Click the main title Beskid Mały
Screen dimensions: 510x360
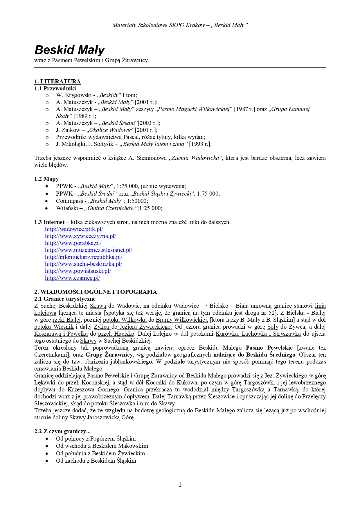coord(69,50)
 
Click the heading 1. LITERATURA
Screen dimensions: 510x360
coord(57,81)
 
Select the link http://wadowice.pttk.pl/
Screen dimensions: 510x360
coord(74,229)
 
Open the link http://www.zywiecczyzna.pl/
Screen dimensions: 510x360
coord(80,236)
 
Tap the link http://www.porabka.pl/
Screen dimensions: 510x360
coord(73,243)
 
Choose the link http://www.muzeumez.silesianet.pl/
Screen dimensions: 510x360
coord(89,250)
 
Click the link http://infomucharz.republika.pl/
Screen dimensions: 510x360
coord(84,257)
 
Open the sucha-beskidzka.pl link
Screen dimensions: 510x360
coord(83,264)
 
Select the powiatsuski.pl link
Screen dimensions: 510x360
coord(78,271)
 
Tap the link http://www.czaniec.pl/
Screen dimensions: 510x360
coord(72,278)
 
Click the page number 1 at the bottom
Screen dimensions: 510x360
coord(180,484)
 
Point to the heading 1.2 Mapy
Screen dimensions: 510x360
coord(46,179)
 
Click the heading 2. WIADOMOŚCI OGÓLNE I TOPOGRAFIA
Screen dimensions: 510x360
coord(96,292)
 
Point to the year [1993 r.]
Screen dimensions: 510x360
coord(200,144)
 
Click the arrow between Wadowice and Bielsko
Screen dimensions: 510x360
coord(204,306)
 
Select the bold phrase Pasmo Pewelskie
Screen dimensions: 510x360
coord(269,348)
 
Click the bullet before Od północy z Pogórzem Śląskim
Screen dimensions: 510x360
coord(47,439)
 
